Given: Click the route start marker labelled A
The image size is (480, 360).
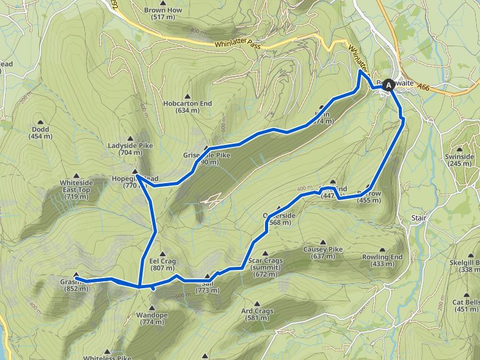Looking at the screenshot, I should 390,84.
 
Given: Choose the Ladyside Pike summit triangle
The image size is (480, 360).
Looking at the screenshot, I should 131,139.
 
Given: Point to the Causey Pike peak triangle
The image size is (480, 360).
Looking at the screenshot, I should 323,242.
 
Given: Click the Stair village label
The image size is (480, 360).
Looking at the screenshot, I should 419,218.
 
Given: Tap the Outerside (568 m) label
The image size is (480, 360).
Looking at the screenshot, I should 277,218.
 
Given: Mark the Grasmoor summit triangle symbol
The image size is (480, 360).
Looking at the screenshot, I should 76,275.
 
